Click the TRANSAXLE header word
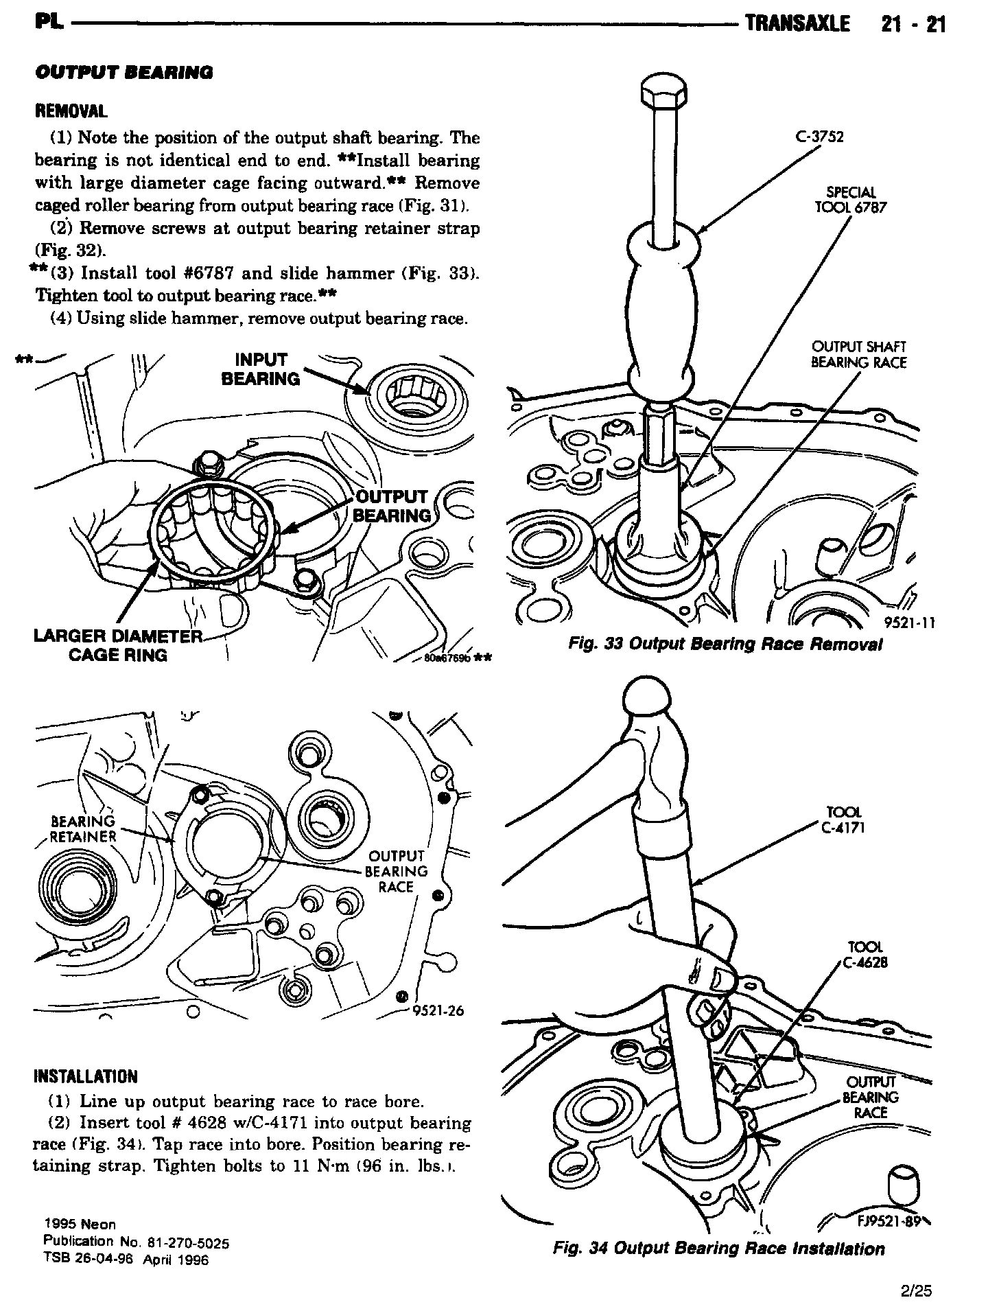pyautogui.click(x=797, y=25)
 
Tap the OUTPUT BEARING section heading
pyautogui.click(x=123, y=72)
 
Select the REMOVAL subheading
pyautogui.click(x=71, y=111)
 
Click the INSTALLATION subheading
pyautogui.click(x=85, y=1077)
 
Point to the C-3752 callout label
pyautogui.click(x=819, y=137)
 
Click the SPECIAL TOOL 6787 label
pyautogui.click(x=850, y=200)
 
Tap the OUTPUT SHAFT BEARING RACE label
pyautogui.click(x=858, y=355)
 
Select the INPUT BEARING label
pyautogui.click(x=261, y=370)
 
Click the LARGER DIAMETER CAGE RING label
pyautogui.click(x=117, y=646)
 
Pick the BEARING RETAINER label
pyautogui.click(x=84, y=828)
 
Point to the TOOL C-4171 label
pyautogui.click(x=843, y=820)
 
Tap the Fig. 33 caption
pyautogui.click(x=725, y=644)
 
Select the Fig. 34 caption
pyautogui.click(x=718, y=1249)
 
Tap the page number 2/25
pyautogui.click(x=917, y=1291)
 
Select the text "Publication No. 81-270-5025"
pyautogui.click(x=136, y=1242)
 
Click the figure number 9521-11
pyautogui.click(x=909, y=623)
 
